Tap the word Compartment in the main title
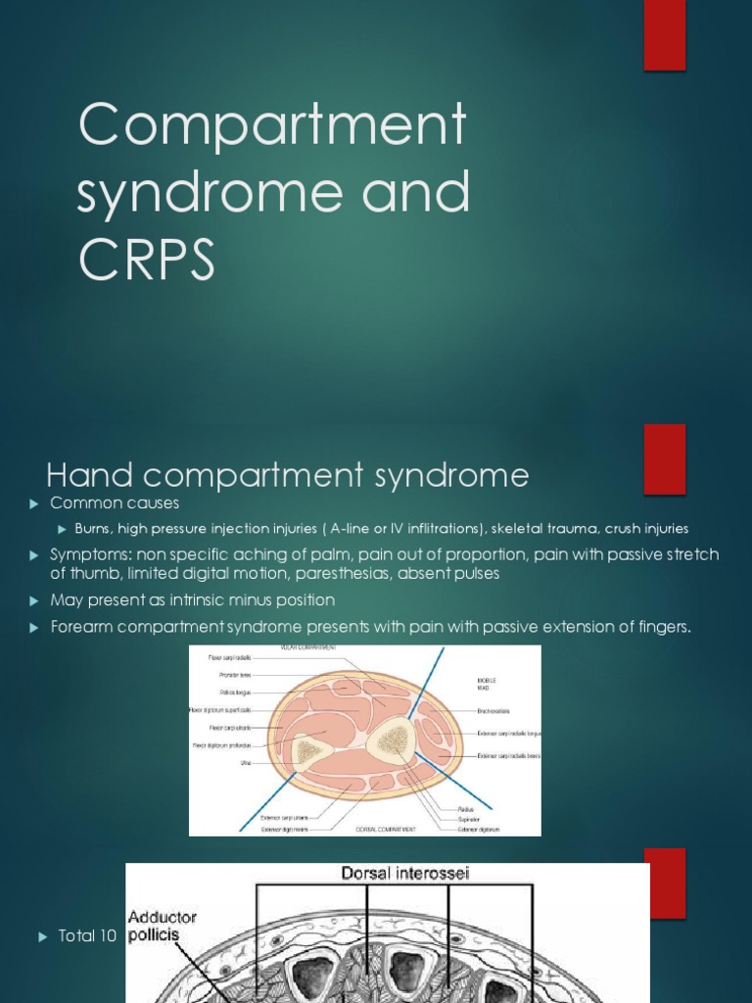pos(272,125)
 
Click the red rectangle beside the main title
pos(664,35)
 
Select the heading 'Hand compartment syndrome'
pos(288,476)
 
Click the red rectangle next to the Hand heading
pos(664,458)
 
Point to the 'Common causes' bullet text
pos(115,503)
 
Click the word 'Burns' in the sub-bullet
pos(95,529)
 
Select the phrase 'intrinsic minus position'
pos(245,599)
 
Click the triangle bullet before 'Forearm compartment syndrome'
pos(33,627)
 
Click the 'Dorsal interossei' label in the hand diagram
pos(403,874)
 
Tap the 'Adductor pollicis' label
pos(163,926)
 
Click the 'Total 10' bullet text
pos(87,936)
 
